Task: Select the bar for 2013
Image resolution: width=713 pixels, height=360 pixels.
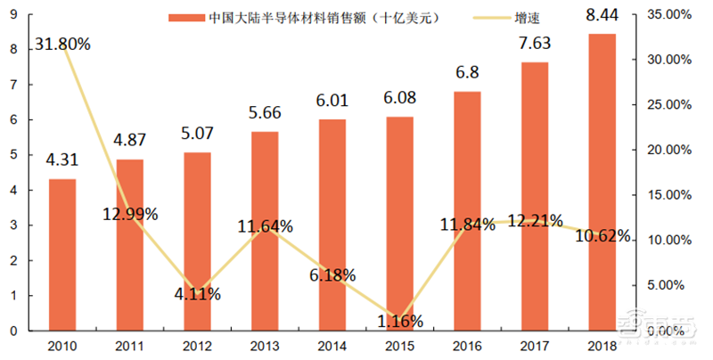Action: pyautogui.click(x=265, y=232)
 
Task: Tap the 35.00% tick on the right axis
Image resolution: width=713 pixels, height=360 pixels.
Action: pyautogui.click(x=668, y=15)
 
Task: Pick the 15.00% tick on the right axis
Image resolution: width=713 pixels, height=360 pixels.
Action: pyautogui.click(x=668, y=195)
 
